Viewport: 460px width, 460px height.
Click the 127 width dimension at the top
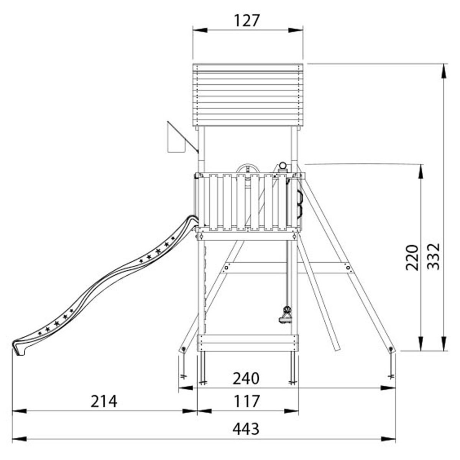coord(246,21)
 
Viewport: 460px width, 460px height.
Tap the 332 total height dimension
coord(433,256)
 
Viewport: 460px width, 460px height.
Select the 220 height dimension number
coord(412,258)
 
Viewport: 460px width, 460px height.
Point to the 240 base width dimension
coord(246,378)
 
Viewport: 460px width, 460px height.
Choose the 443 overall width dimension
coord(246,429)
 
